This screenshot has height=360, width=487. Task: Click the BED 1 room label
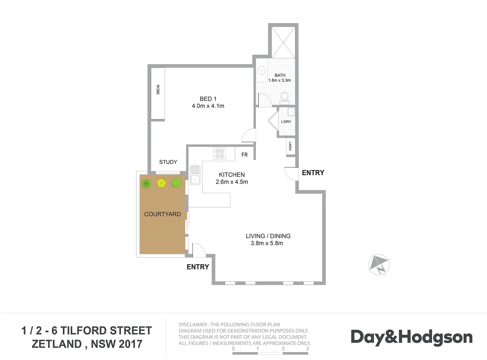tap(208, 99)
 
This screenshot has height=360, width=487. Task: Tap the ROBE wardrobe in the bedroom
tap(158, 93)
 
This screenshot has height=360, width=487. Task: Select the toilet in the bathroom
tap(284, 97)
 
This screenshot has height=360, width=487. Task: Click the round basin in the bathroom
tap(262, 70)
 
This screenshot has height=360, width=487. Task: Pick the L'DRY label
tap(286, 122)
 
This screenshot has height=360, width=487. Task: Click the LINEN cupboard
tap(290, 146)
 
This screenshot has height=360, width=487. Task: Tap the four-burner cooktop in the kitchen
tap(219, 153)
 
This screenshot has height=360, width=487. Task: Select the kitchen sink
tap(195, 175)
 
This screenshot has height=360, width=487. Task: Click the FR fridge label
tap(244, 155)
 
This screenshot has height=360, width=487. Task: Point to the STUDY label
tap(168, 162)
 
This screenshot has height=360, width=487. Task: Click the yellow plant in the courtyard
tap(161, 183)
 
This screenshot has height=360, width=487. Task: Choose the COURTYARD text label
tap(162, 214)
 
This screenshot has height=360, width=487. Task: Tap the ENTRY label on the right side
tap(313, 173)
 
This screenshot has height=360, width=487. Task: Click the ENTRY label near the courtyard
tap(198, 267)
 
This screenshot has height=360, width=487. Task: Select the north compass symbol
tap(379, 265)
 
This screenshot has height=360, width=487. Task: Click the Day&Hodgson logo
tap(411, 337)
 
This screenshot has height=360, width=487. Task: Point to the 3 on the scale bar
tap(307, 349)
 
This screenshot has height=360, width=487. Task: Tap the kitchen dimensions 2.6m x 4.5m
tap(232, 182)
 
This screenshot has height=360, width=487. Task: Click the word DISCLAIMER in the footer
tap(193, 324)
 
